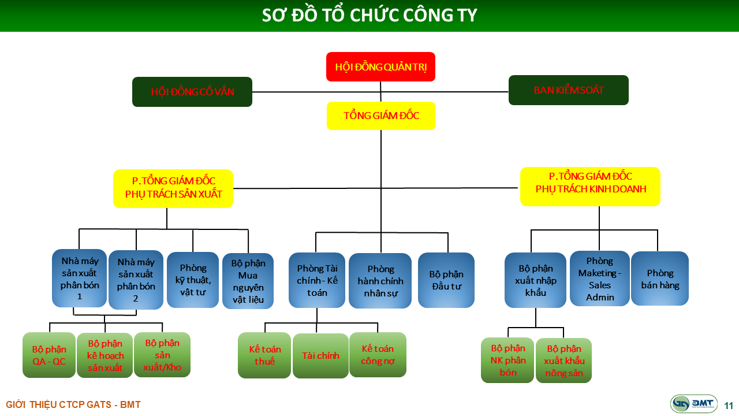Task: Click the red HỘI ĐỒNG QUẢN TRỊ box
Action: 380,66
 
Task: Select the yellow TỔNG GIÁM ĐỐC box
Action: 380,116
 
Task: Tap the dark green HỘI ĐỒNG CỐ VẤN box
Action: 192,92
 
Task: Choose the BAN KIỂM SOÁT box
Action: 568,90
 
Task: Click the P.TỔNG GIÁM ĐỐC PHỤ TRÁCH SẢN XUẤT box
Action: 173,188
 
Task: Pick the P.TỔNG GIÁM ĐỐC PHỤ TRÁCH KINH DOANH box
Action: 590,186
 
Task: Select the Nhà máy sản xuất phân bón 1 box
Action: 80,278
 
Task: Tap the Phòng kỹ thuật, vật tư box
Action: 193,280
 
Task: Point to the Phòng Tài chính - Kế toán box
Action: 317,280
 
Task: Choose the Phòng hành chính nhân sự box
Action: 380,281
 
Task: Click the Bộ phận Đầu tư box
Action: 446,280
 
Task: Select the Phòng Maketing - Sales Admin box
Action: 599,278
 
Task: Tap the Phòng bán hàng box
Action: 659,278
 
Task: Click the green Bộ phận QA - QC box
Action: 49,355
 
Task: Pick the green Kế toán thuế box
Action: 264,355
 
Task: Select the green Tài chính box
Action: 320,356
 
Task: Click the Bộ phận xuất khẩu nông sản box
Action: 563,361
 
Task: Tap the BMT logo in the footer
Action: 693,404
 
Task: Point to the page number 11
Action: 728,405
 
